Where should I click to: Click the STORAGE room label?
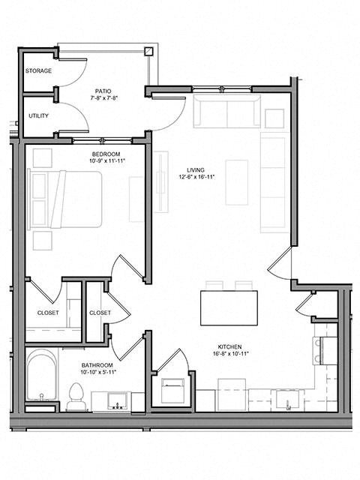[39, 71]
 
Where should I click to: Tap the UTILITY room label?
[38, 117]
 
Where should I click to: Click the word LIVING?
[196, 169]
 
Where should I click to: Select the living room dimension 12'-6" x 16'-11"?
[196, 178]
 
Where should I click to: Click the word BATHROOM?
[98, 365]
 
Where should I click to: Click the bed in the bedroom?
[65, 199]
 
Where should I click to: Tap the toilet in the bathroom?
[75, 396]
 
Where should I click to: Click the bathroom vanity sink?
[117, 400]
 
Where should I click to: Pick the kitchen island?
[229, 307]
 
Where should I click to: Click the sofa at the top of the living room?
[226, 111]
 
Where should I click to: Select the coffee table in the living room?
[236, 182]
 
